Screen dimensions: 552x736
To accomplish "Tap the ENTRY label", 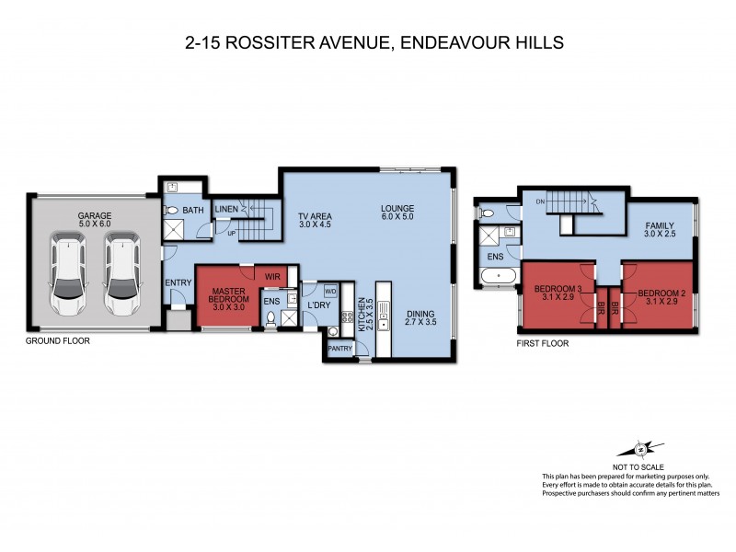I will tap(177, 282).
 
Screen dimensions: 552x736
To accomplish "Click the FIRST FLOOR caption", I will tap(541, 343).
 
